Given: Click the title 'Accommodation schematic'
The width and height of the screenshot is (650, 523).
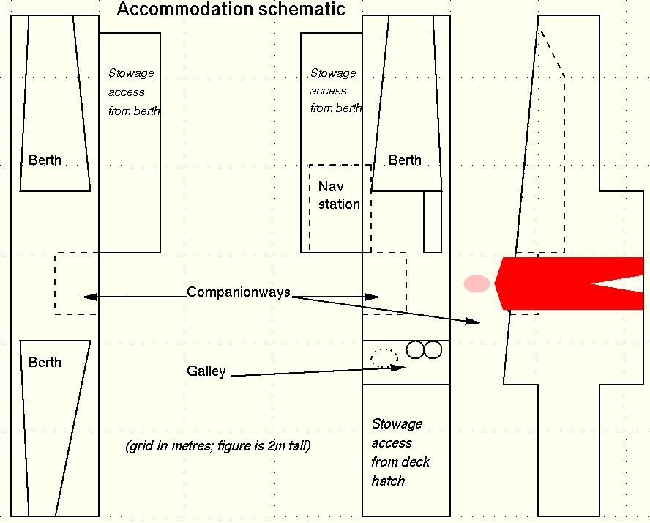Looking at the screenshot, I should pyautogui.click(x=231, y=10).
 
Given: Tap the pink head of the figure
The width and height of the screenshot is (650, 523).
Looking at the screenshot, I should pyautogui.click(x=477, y=283).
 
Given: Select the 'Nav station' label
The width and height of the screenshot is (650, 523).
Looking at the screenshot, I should pyautogui.click(x=338, y=196).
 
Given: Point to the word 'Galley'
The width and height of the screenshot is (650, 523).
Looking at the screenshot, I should pyautogui.click(x=206, y=371).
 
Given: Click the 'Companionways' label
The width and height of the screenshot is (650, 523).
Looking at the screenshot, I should pyautogui.click(x=239, y=292).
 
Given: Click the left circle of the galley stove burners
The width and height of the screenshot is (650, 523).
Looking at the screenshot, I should pyautogui.click(x=416, y=349).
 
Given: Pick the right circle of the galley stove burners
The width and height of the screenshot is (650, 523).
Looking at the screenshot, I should pyautogui.click(x=433, y=349).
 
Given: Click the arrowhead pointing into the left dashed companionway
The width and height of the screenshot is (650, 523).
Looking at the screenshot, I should pyautogui.click(x=89, y=297).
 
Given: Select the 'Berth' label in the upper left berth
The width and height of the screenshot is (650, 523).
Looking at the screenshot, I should pyautogui.click(x=45, y=160).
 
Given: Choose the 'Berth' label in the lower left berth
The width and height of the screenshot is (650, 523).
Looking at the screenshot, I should pyautogui.click(x=45, y=363).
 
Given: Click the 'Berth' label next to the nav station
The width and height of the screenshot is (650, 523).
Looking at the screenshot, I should pyautogui.click(x=405, y=160).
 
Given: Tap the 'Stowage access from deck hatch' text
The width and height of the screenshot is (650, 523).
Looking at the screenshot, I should pyautogui.click(x=400, y=453).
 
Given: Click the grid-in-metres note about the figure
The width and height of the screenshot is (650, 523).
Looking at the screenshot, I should pyautogui.click(x=218, y=446).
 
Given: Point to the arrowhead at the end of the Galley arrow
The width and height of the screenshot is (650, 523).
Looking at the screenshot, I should pyautogui.click(x=400, y=367).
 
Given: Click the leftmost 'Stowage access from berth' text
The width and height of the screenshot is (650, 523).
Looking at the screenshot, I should pyautogui.click(x=133, y=92).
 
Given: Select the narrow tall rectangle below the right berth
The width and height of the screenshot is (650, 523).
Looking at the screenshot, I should pyautogui.click(x=433, y=221).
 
